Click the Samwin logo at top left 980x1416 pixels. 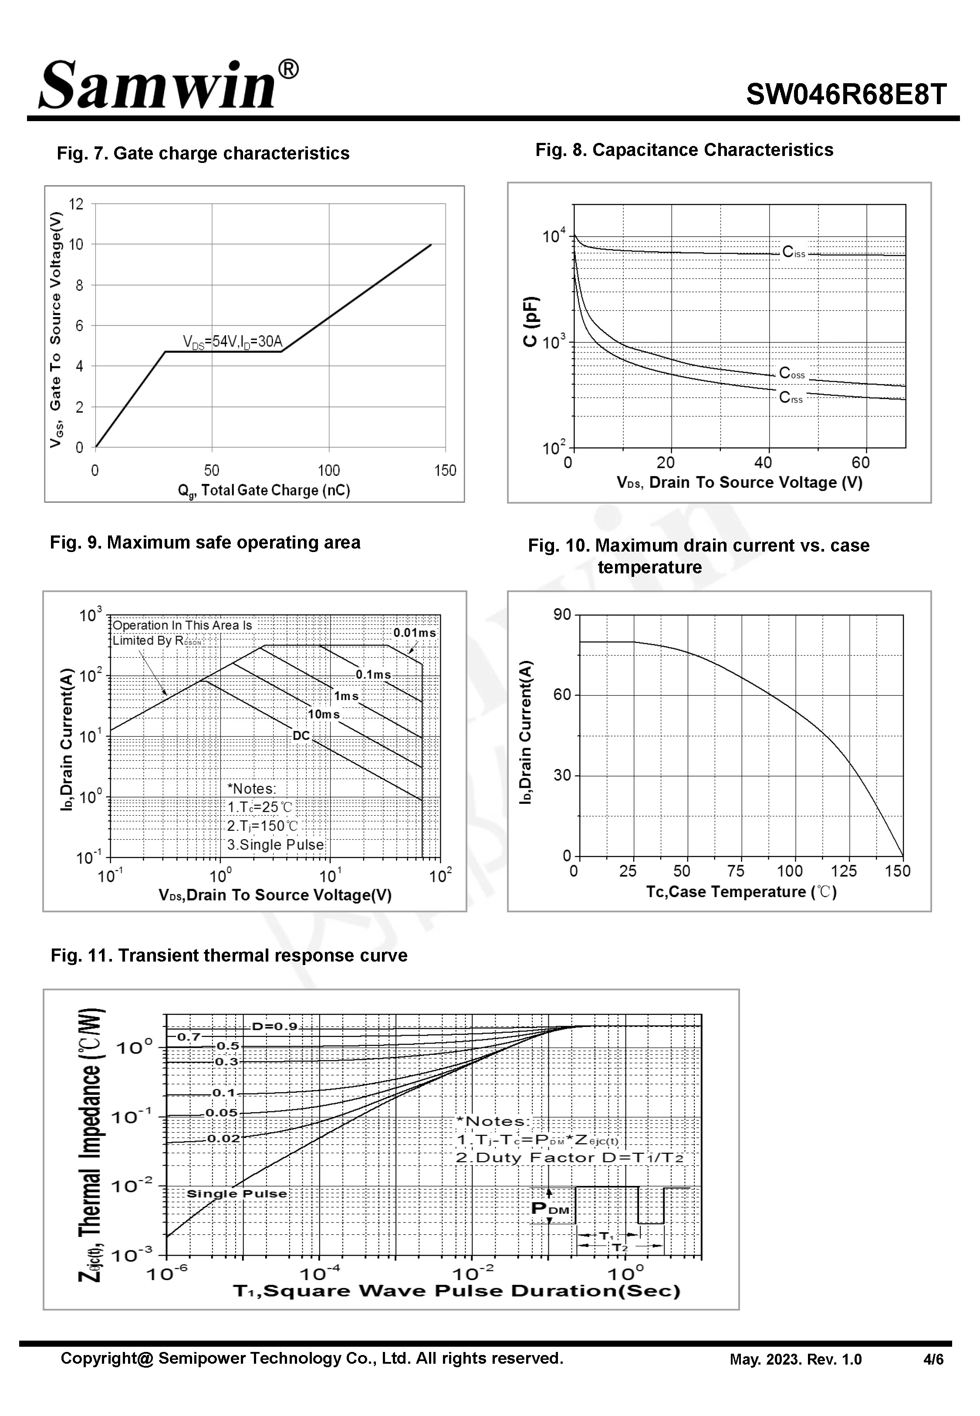pyautogui.click(x=167, y=85)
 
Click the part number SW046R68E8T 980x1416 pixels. pyautogui.click(x=846, y=95)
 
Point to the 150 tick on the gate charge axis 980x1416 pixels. pyautogui.click(x=445, y=471)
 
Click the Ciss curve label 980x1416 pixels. pyautogui.click(x=793, y=252)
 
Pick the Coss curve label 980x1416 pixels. pyautogui.click(x=791, y=373)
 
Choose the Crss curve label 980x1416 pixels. pyautogui.click(x=790, y=398)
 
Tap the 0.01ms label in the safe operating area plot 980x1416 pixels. pyautogui.click(x=415, y=633)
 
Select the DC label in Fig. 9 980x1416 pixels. pyautogui.click(x=301, y=735)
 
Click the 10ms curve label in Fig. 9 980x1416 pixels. pyautogui.click(x=324, y=714)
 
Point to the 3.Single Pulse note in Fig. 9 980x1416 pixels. pyautogui.click(x=275, y=844)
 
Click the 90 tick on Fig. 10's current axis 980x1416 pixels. pyautogui.click(x=562, y=615)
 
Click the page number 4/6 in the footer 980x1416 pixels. pyautogui.click(x=933, y=1359)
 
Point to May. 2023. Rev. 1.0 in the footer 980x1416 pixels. pyautogui.click(x=795, y=1359)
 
